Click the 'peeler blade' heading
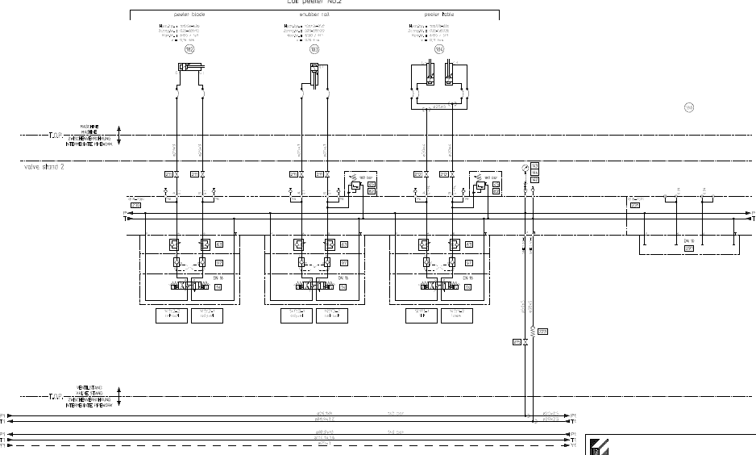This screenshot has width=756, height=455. point(190,15)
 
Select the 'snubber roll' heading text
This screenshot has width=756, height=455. point(314,15)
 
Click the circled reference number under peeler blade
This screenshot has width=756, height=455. point(190,49)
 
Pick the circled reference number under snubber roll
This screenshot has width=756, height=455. point(314,49)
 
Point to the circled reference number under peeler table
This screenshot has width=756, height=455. point(439,49)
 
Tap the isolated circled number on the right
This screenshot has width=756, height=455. point(689,107)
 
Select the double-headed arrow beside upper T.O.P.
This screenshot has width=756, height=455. point(119,135)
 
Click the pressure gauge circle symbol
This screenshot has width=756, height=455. point(525,167)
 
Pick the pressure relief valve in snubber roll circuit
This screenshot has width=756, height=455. point(354,185)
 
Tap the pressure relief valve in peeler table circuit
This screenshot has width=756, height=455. point(479,185)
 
